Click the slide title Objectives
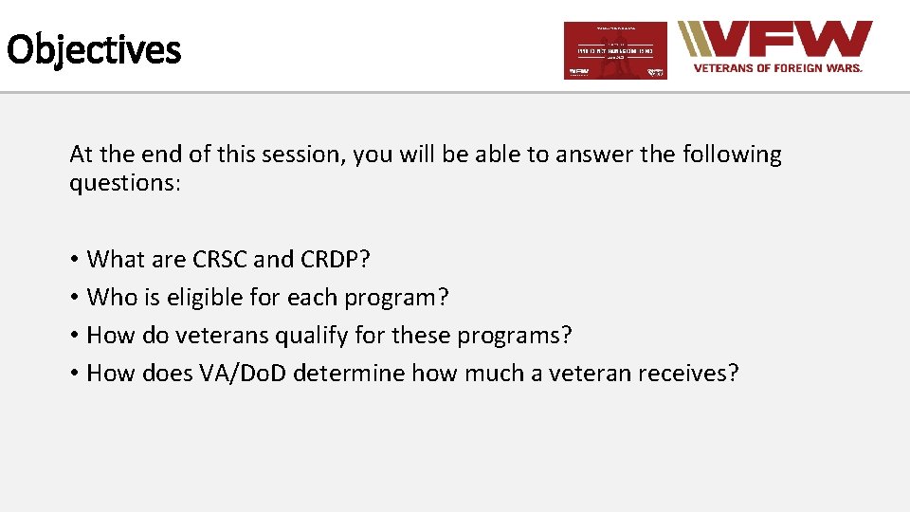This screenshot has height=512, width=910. click(93, 49)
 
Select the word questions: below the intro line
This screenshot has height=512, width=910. click(124, 182)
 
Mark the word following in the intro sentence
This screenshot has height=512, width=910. click(730, 155)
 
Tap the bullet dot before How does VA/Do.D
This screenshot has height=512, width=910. click(74, 375)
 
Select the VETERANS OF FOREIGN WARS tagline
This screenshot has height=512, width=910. click(777, 68)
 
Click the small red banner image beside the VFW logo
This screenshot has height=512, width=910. click(615, 50)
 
